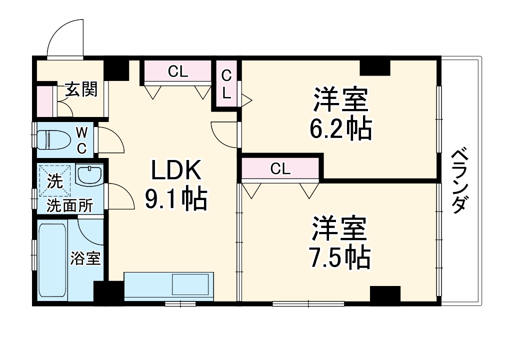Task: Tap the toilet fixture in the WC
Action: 53,139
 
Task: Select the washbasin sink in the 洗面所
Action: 89,175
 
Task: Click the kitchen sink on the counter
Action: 190,284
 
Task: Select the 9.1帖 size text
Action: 176,199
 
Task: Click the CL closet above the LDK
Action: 178,71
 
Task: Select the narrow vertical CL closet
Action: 226,84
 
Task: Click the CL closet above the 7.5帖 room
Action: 280,168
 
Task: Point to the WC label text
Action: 81,140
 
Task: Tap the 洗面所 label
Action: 69,205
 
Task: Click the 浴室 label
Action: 85,258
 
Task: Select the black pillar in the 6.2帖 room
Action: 374,67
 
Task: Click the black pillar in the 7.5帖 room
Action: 385,294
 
